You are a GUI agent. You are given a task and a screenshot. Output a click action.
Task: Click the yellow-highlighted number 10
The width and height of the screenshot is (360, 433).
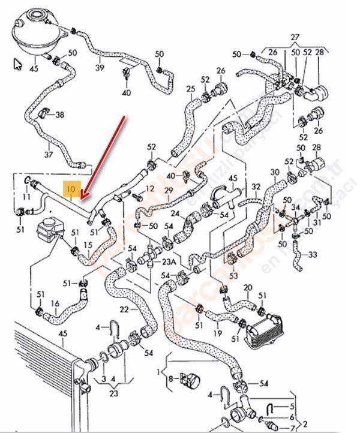(70, 190)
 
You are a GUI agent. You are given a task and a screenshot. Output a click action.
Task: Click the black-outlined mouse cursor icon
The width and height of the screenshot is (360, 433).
(17, 64)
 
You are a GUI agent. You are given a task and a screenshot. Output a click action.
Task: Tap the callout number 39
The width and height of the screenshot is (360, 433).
(100, 68)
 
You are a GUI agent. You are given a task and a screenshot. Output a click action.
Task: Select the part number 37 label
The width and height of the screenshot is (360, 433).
(49, 154)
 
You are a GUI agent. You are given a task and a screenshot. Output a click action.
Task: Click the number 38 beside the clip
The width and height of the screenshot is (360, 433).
(59, 114)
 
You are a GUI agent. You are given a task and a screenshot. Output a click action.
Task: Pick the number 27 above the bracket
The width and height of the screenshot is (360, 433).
(294, 37)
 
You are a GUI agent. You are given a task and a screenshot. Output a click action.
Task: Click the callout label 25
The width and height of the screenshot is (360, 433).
(191, 89)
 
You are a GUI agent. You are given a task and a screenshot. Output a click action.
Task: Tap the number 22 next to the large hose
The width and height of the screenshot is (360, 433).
(124, 309)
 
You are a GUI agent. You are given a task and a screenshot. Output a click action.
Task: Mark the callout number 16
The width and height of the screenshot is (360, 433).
(55, 304)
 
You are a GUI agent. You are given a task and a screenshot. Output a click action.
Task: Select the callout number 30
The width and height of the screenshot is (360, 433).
(275, 172)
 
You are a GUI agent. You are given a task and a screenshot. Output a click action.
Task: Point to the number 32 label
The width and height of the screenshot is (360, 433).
(256, 187)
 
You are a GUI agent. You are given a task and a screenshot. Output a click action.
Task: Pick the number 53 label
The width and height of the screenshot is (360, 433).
(233, 276)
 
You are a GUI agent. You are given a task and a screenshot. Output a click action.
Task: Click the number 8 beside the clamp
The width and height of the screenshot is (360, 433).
(171, 378)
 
